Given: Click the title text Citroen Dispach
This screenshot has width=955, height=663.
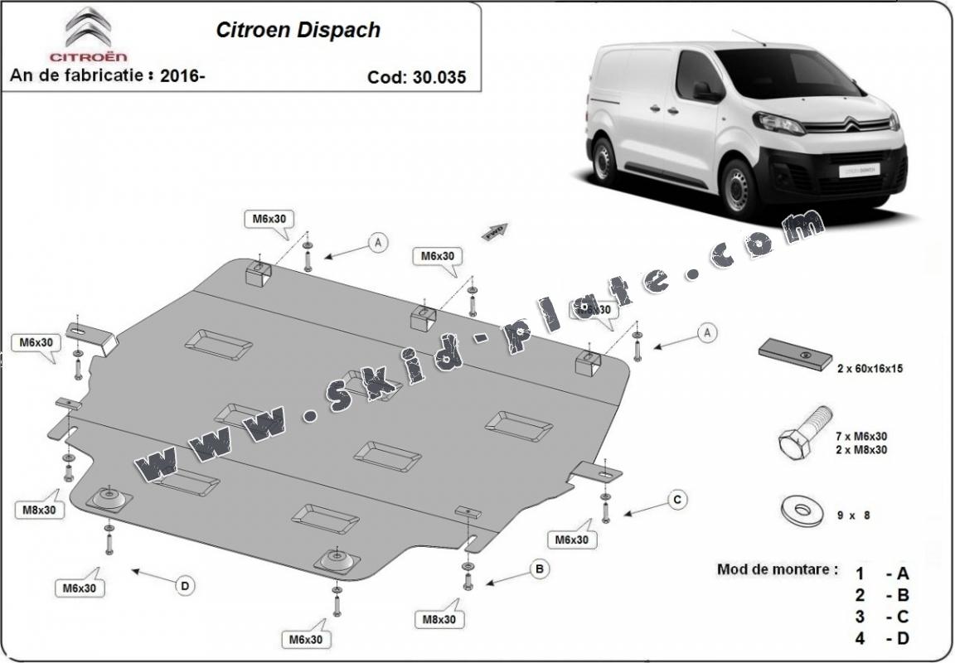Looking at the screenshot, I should [298, 31].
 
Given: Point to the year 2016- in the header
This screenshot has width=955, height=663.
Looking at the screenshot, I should [184, 75].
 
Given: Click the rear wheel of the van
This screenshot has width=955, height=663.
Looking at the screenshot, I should [604, 159].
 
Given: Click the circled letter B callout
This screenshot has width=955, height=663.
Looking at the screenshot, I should [539, 569].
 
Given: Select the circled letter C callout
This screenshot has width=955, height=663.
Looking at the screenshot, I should [676, 499].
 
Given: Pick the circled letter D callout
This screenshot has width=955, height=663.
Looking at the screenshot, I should [185, 586].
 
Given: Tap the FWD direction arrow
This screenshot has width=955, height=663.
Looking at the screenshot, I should [496, 230].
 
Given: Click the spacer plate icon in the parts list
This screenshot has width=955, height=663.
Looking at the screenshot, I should [795, 354].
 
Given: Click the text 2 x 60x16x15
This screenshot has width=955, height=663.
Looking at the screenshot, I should [869, 369].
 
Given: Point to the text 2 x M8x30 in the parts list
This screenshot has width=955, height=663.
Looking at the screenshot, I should [863, 450].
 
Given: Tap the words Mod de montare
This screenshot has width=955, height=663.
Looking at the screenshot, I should [777, 570].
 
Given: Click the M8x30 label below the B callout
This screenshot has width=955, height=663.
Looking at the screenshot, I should [439, 619].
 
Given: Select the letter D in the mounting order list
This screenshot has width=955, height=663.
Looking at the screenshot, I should [902, 638].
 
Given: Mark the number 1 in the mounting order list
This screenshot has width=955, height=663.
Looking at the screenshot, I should [860, 573].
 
